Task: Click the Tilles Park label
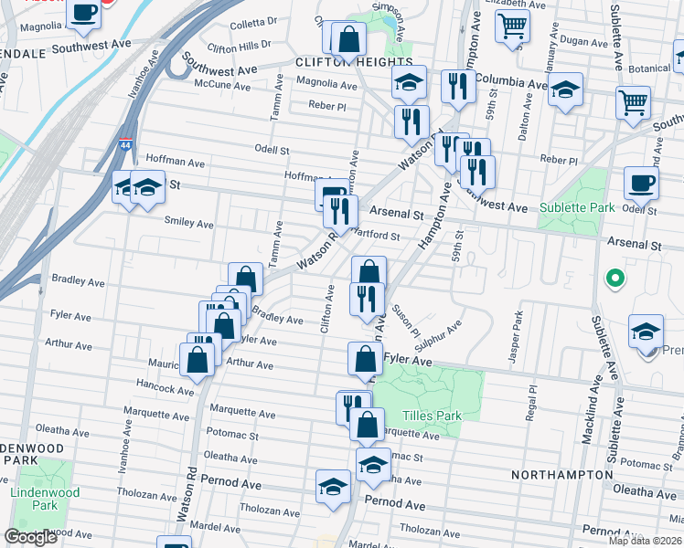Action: [x=430, y=416]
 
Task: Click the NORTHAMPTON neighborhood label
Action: [x=561, y=475]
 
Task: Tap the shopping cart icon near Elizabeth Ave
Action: [x=513, y=25]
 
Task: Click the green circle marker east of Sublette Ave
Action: [x=615, y=277]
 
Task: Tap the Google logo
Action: [x=30, y=537]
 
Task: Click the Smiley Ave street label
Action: [x=188, y=223]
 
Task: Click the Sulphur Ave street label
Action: [x=438, y=337]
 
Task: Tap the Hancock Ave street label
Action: [x=166, y=389]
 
